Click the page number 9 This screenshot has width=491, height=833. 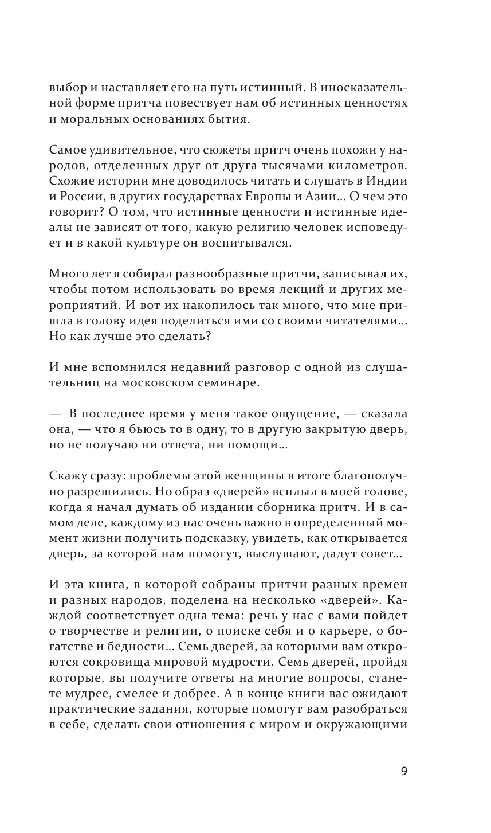click(404, 771)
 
